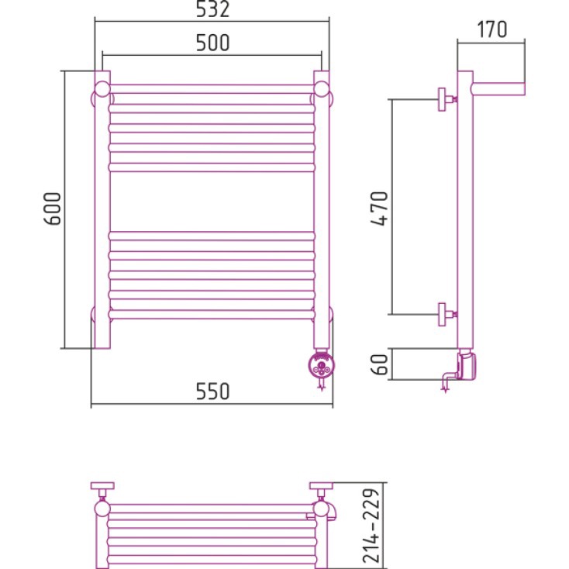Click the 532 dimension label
click(x=212, y=9)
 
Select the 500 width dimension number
click(x=212, y=43)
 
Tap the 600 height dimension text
click(x=53, y=209)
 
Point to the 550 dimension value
click(x=212, y=391)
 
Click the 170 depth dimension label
click(x=491, y=29)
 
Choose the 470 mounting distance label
click(x=380, y=209)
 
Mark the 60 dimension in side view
click(x=380, y=364)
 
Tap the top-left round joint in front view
click(x=102, y=89)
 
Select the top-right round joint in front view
click(x=321, y=89)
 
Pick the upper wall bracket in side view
click(x=447, y=99)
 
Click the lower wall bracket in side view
click(x=447, y=314)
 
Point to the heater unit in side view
click(x=467, y=364)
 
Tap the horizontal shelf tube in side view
click(x=498, y=89)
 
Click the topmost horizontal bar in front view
click(x=212, y=89)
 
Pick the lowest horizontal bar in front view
click(x=212, y=315)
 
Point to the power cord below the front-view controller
click(x=321, y=385)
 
